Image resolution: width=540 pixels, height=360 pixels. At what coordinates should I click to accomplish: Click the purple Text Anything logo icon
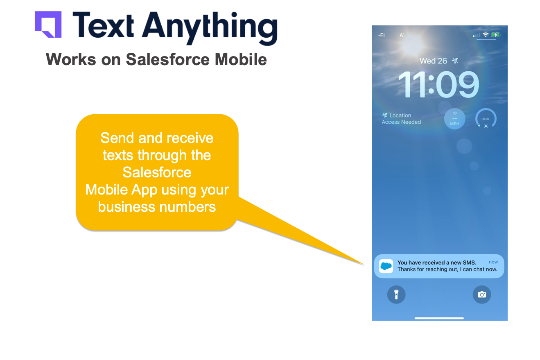tap(48, 25)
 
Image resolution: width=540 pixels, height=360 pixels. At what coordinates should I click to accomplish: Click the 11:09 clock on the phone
tap(438, 85)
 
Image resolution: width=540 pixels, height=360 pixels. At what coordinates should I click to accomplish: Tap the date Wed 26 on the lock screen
tap(433, 61)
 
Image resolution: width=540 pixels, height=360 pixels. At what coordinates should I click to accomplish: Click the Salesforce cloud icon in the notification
tap(386, 266)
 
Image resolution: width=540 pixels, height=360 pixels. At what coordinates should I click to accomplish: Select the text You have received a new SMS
tap(437, 263)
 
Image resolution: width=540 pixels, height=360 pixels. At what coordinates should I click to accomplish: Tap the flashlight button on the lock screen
tap(396, 294)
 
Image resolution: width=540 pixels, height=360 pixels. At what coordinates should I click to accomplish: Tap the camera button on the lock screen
tap(482, 294)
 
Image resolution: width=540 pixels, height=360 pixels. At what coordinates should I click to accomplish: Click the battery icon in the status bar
tap(496, 35)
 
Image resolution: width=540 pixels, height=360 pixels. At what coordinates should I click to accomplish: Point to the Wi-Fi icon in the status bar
tap(486, 35)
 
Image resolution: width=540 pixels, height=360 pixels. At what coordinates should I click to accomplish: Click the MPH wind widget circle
tap(454, 119)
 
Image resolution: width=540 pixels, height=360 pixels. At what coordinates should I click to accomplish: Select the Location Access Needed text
tap(401, 119)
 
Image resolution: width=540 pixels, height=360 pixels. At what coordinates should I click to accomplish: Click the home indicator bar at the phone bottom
tap(439, 318)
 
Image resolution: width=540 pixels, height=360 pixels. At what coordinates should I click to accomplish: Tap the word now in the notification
tap(493, 262)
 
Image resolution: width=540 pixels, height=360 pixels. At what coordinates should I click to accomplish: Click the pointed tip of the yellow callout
tap(363, 264)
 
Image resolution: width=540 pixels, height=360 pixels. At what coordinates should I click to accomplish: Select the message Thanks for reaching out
tap(447, 269)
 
